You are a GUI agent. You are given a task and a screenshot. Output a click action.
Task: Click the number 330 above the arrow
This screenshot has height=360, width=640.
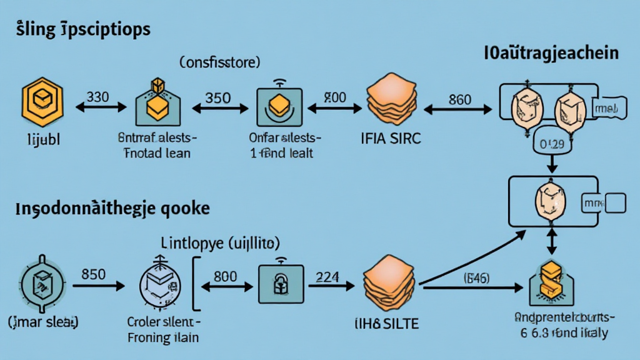[99, 97]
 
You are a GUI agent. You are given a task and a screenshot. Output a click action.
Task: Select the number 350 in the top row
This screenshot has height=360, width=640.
[217, 98]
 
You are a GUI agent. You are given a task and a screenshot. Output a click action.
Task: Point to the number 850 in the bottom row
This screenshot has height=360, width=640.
[94, 274]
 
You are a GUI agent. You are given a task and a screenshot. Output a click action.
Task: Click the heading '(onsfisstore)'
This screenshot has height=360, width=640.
[220, 62]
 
